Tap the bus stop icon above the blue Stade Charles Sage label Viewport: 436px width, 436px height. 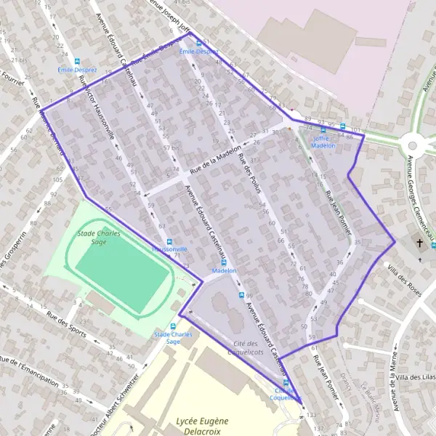(173, 326)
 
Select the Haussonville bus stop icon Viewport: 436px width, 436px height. (169, 242)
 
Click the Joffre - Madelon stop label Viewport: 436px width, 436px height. (324, 141)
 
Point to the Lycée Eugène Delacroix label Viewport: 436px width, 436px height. (202, 426)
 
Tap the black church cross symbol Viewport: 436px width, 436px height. (419, 242)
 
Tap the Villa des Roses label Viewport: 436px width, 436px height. (405, 279)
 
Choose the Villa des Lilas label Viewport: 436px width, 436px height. (413, 377)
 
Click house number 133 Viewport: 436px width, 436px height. (312, 414)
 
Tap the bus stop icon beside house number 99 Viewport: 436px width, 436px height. (242, 295)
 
